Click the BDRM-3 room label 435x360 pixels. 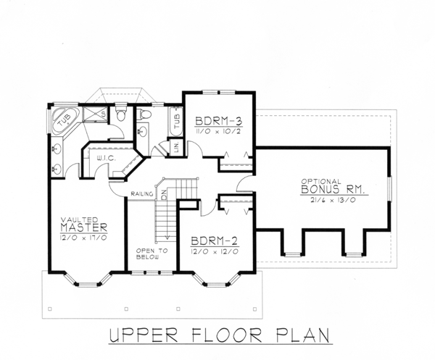(x=219, y=122)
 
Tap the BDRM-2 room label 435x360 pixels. (x=214, y=241)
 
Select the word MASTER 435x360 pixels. (x=84, y=227)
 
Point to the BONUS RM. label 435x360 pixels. (x=333, y=190)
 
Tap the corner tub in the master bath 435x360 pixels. (x=65, y=120)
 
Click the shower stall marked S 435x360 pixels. (x=94, y=114)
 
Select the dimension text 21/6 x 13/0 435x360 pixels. (x=333, y=200)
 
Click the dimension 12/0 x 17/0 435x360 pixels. (x=83, y=238)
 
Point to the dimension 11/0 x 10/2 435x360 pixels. (x=217, y=131)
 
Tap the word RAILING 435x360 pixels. (x=142, y=193)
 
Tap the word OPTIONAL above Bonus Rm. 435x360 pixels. (x=321, y=182)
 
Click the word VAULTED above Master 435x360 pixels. (x=79, y=219)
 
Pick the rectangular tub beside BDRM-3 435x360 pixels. (x=175, y=122)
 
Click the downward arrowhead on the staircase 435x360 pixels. (x=167, y=237)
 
